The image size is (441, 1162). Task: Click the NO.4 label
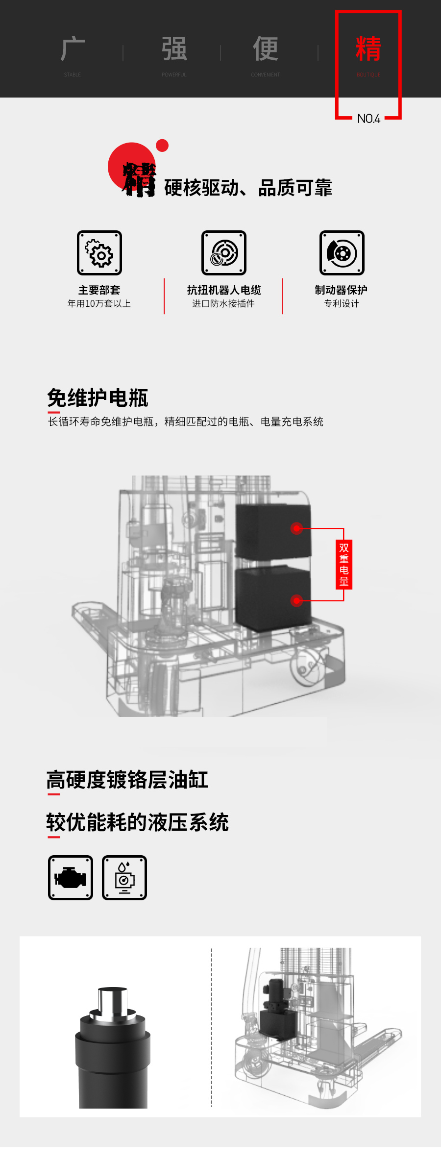[368, 119]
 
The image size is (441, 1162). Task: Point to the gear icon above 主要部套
[99, 253]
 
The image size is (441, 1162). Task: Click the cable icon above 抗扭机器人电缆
[224, 253]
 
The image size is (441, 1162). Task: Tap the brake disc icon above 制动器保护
[342, 253]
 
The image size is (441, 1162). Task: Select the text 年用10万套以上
[99, 304]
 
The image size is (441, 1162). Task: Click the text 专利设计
[342, 304]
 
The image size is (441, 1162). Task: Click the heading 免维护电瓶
[98, 397]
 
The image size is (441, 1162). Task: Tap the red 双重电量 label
[344, 564]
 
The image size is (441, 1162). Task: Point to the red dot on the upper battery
[296, 528]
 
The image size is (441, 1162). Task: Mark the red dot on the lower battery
[296, 600]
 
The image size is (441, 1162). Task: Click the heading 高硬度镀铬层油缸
[127, 780]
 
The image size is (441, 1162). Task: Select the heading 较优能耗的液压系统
[138, 822]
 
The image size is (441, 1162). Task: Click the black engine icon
[71, 878]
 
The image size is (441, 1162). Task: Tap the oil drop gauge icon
[124, 878]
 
